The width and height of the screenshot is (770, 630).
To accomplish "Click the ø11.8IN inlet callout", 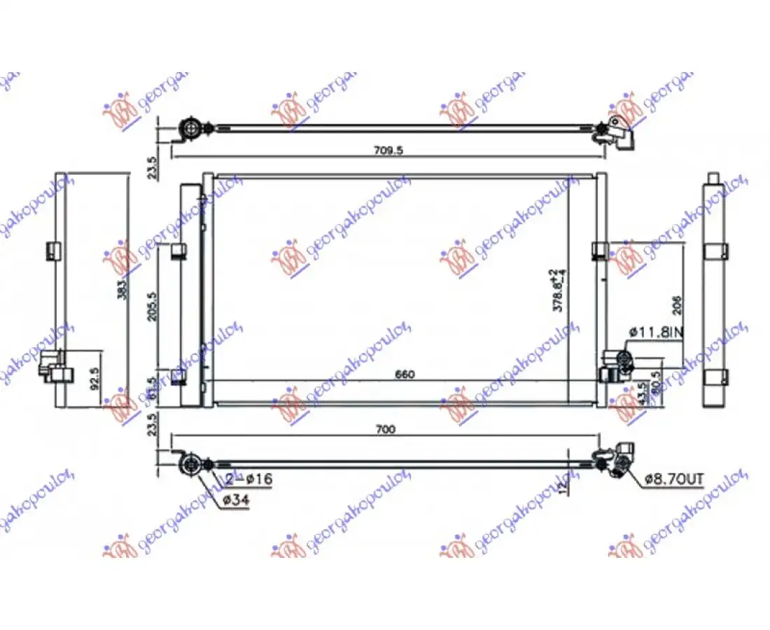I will click(x=655, y=333).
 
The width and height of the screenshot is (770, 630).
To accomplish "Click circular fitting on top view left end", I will click(x=190, y=128).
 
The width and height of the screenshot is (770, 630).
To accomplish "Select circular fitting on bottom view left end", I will click(x=190, y=464).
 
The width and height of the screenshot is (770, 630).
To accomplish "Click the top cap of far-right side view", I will click(x=713, y=178).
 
